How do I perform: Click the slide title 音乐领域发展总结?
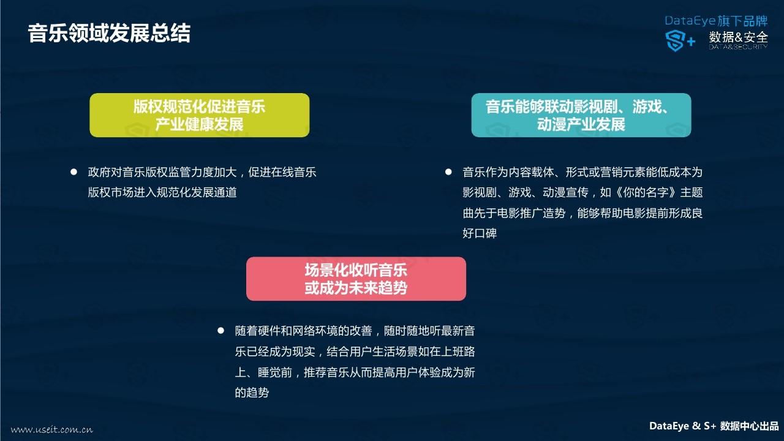[x=109, y=34]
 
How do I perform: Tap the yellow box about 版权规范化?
[x=200, y=115]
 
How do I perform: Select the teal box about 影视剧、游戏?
[x=581, y=115]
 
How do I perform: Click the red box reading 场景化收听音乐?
[x=356, y=279]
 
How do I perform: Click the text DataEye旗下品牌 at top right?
[x=716, y=21]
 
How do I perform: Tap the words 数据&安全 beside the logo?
[x=739, y=37]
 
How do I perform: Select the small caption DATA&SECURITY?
[x=739, y=47]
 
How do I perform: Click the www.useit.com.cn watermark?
[x=52, y=429]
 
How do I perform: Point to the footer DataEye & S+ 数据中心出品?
[x=714, y=426]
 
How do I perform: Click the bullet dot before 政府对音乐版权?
[x=73, y=172]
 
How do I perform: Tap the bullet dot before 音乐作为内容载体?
[x=448, y=172]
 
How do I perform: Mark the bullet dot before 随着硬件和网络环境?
[x=221, y=330]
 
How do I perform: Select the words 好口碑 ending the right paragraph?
[x=480, y=233]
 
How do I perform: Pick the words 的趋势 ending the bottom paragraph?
[x=252, y=393]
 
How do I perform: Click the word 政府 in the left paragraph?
[x=99, y=172]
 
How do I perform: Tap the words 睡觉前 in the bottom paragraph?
[x=275, y=372]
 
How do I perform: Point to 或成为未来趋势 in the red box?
[x=356, y=288]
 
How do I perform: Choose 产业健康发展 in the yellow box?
[x=200, y=124]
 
